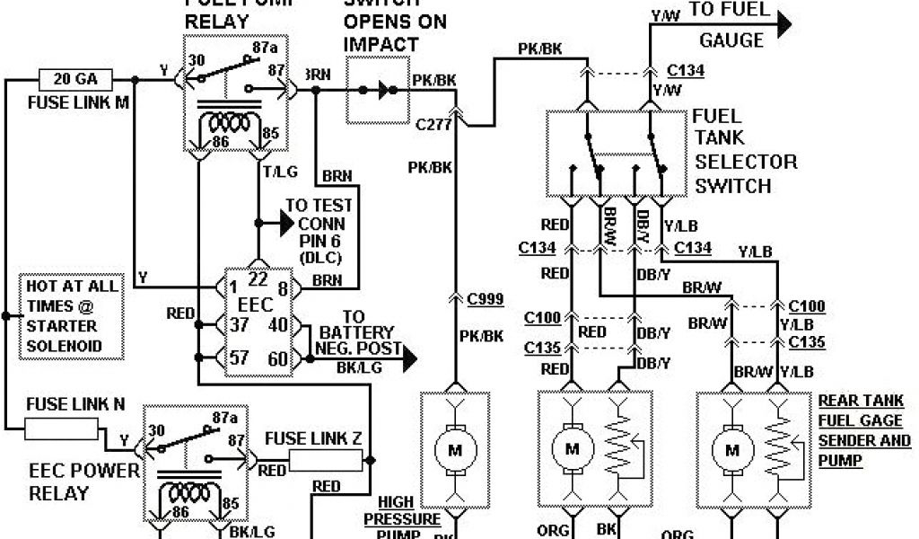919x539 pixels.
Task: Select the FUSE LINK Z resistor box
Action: click(x=327, y=462)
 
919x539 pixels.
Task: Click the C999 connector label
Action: click(x=485, y=297)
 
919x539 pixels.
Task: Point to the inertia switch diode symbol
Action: click(x=384, y=90)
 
